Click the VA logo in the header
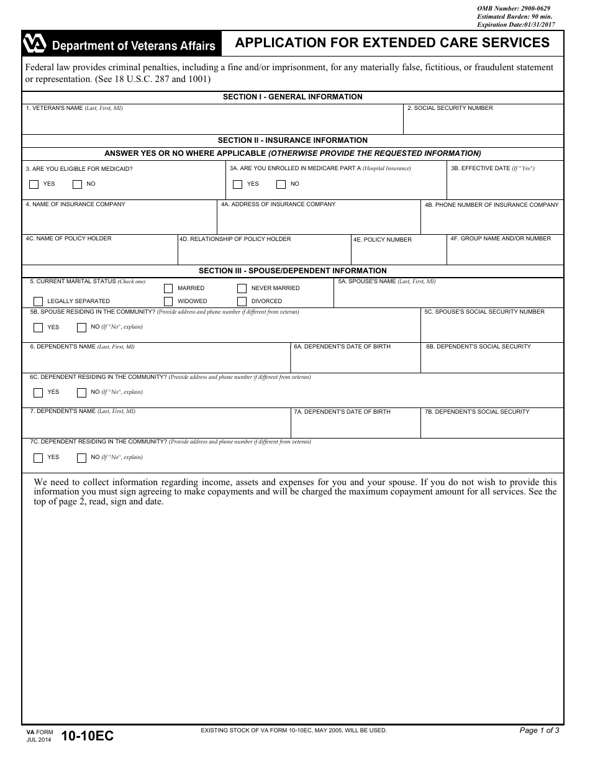[x=35, y=44]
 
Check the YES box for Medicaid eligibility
[x=34, y=184]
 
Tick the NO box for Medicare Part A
[x=281, y=184]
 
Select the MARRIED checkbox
[x=168, y=288]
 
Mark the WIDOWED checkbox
[x=168, y=301]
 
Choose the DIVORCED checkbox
[x=242, y=301]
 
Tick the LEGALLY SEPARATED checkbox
[x=39, y=301]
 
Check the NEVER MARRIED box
[x=242, y=288]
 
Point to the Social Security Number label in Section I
[x=450, y=108]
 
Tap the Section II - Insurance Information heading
[x=293, y=140]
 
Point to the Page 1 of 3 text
[x=539, y=730]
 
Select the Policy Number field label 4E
[x=383, y=240]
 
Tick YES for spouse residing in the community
[x=39, y=327]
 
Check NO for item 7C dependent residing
[x=81, y=458]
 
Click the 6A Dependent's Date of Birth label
[x=342, y=347]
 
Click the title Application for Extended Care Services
[x=392, y=43]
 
